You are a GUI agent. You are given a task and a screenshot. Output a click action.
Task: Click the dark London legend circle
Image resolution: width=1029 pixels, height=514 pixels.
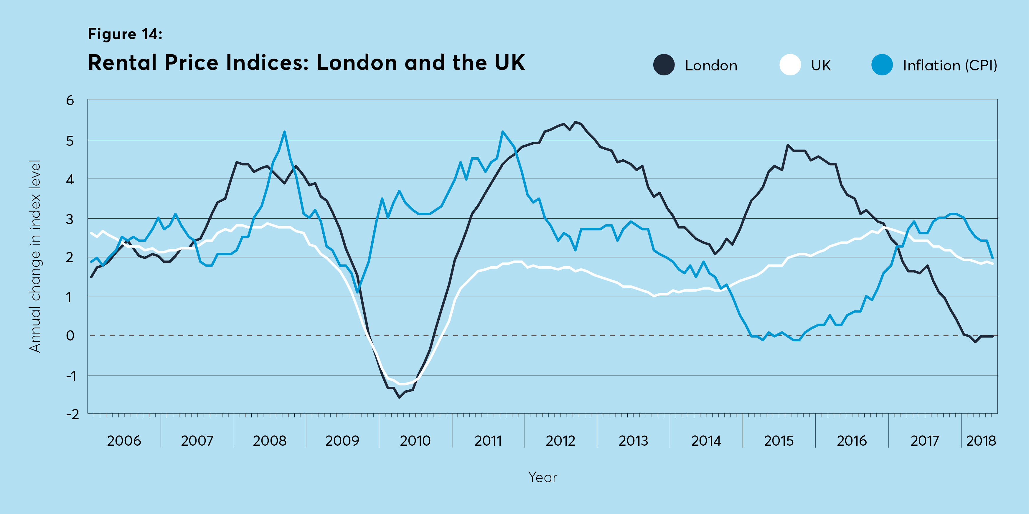(x=664, y=65)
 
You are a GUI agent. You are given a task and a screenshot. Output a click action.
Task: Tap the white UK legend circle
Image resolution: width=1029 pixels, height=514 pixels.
(x=790, y=65)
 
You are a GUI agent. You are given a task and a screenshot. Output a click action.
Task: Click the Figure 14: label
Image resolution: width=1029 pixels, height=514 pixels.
(x=125, y=34)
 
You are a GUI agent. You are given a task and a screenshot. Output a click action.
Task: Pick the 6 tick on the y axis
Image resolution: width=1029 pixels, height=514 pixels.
(x=70, y=100)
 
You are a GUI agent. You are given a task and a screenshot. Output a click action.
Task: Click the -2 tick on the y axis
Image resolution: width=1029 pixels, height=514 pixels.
(x=73, y=414)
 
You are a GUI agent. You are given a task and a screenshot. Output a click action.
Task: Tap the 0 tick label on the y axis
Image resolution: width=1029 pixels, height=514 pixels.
(x=70, y=335)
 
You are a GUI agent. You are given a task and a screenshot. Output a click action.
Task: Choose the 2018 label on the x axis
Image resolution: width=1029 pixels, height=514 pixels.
(x=981, y=441)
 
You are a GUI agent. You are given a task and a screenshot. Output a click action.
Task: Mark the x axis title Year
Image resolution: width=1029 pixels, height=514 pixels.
(x=542, y=477)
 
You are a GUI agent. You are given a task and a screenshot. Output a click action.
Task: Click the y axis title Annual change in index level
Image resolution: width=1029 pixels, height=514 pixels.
(x=35, y=256)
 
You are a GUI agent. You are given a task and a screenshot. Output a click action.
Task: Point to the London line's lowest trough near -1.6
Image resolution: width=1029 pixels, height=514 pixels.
(x=399, y=397)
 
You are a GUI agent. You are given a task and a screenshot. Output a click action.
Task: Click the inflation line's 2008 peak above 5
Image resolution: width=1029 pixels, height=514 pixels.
(x=284, y=132)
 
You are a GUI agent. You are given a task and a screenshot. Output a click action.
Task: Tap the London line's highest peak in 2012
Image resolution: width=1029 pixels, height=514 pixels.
(x=575, y=122)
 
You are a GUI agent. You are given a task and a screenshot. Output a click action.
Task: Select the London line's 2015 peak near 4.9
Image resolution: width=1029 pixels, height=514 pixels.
(x=787, y=145)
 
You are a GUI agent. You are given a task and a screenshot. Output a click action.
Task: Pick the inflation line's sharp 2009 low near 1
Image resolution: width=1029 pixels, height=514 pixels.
(x=357, y=292)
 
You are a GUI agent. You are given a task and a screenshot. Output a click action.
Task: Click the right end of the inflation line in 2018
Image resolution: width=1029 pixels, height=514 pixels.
(x=993, y=258)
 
